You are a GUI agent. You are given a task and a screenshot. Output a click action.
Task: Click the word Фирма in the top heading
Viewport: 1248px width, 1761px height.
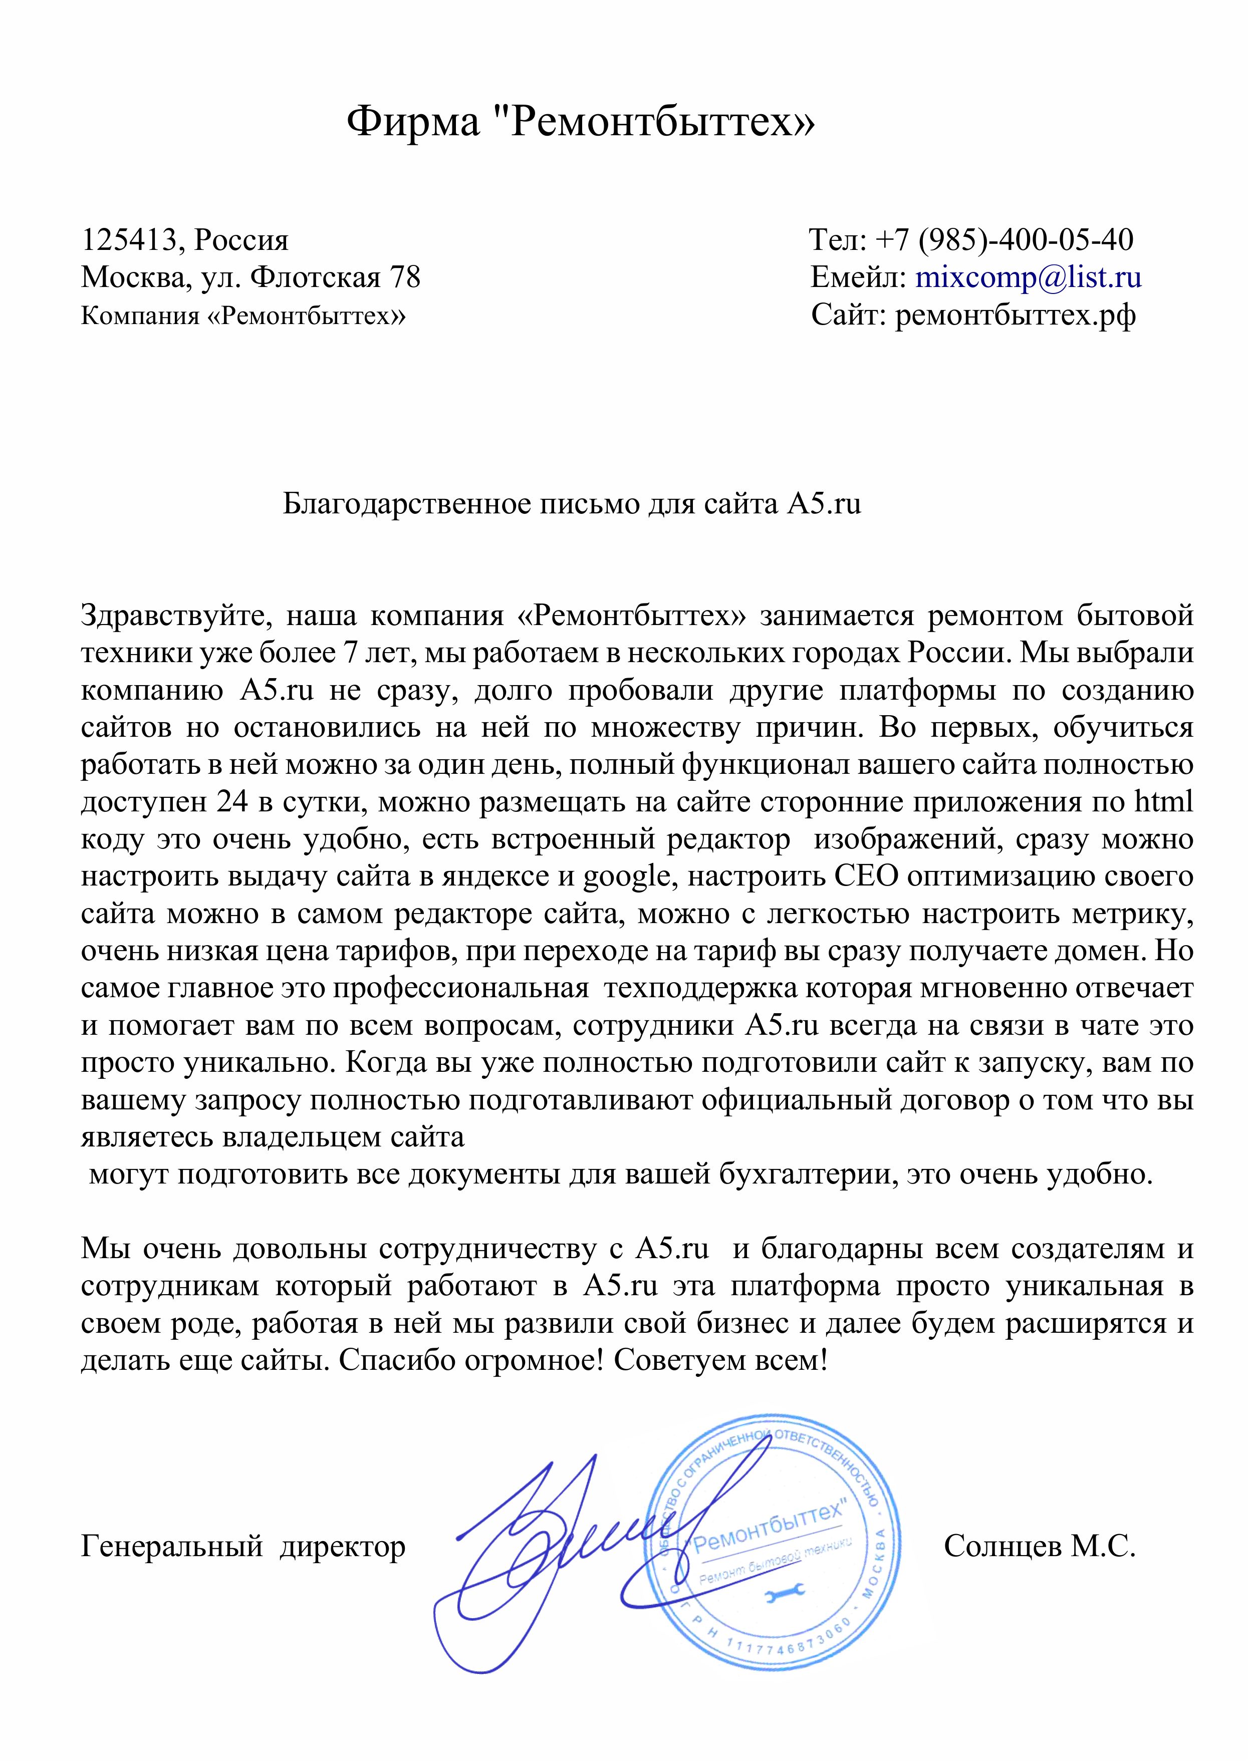[413, 121]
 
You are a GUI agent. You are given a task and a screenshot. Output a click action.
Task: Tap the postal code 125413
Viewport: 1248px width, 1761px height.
[128, 240]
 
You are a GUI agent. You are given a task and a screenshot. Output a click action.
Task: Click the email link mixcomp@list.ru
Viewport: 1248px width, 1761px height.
[1028, 277]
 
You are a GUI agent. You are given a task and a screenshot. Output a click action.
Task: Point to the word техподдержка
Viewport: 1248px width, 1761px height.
[699, 988]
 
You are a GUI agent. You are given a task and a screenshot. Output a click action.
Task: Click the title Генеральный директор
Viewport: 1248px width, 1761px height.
[243, 1546]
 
